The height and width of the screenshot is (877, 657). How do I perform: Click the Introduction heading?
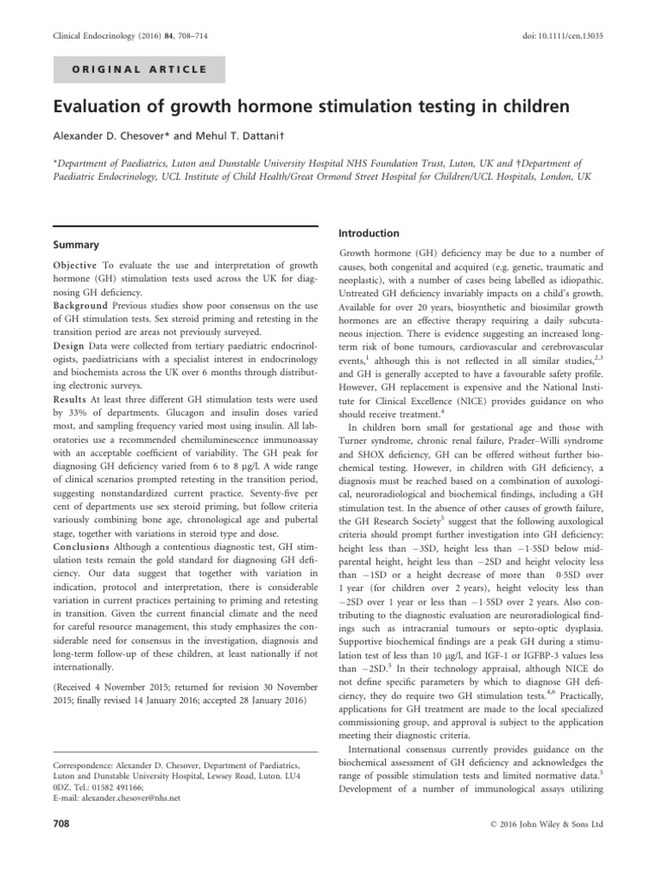[370, 233]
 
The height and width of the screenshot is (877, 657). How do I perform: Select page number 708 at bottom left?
[61, 825]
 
